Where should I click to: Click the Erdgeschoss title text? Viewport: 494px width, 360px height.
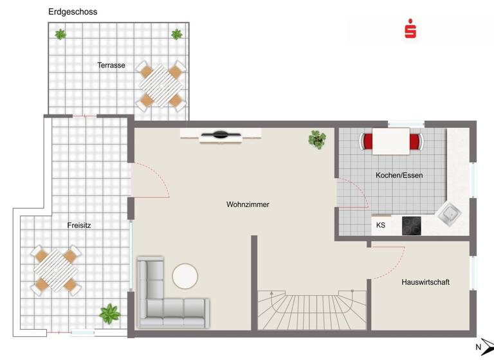pyautogui.click(x=73, y=12)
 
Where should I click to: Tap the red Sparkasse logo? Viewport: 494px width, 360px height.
pyautogui.click(x=410, y=30)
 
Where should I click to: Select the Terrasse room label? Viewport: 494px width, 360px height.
pyautogui.click(x=111, y=65)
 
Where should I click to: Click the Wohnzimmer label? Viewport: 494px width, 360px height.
pyautogui.click(x=248, y=204)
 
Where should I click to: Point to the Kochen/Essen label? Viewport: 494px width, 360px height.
pyautogui.click(x=399, y=175)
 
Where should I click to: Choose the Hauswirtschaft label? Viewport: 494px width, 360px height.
pyautogui.click(x=425, y=282)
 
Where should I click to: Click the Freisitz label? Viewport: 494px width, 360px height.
pyautogui.click(x=78, y=226)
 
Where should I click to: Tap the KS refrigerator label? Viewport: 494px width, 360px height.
pyautogui.click(x=381, y=226)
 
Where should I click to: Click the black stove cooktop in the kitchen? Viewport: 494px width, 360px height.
pyautogui.click(x=412, y=226)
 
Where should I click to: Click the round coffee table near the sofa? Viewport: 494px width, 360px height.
pyautogui.click(x=185, y=276)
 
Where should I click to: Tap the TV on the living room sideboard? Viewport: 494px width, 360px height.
pyautogui.click(x=221, y=136)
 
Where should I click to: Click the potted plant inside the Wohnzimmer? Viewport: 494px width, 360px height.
pyautogui.click(x=316, y=139)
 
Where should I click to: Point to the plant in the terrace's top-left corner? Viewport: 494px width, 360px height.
pyautogui.click(x=60, y=34)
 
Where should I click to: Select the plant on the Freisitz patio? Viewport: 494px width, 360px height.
pyautogui.click(x=110, y=314)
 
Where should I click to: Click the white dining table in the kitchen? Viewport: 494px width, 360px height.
pyautogui.click(x=391, y=141)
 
